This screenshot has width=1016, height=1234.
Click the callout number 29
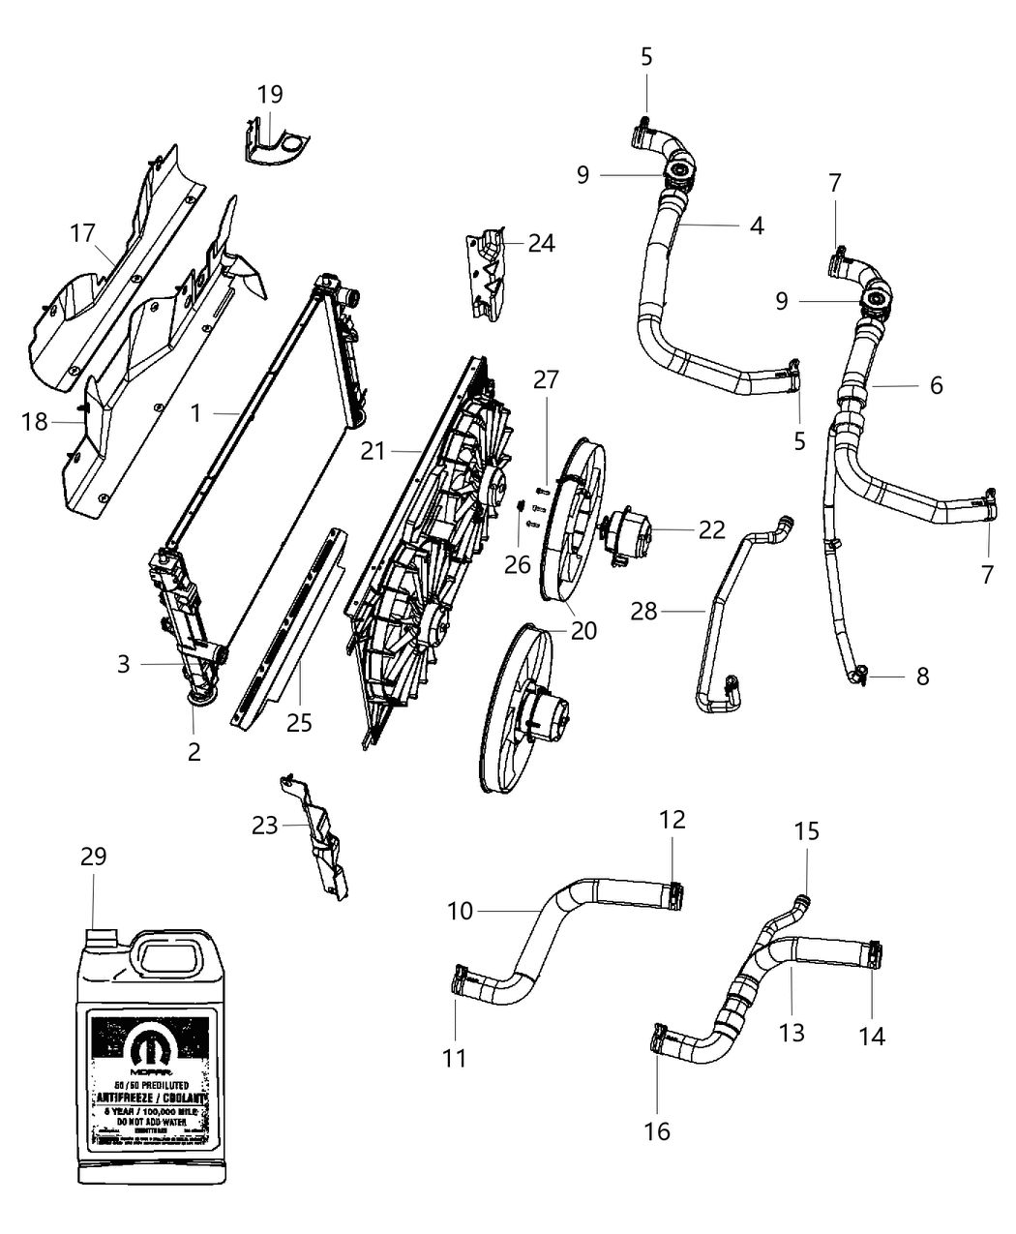tap(93, 857)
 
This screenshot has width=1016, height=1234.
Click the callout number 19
tap(270, 94)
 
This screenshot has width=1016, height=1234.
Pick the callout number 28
tap(643, 612)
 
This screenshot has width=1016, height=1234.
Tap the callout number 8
tap(921, 676)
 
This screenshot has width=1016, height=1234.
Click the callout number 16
tap(657, 1130)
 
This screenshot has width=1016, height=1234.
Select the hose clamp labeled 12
tap(676, 895)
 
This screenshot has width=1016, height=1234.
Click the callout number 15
tap(806, 830)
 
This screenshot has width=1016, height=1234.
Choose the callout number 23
tap(264, 826)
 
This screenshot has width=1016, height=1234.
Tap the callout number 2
tap(194, 751)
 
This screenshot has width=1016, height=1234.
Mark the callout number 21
tap(374, 450)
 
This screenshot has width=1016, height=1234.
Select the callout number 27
tap(546, 380)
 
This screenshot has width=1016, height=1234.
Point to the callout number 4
tap(756, 226)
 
